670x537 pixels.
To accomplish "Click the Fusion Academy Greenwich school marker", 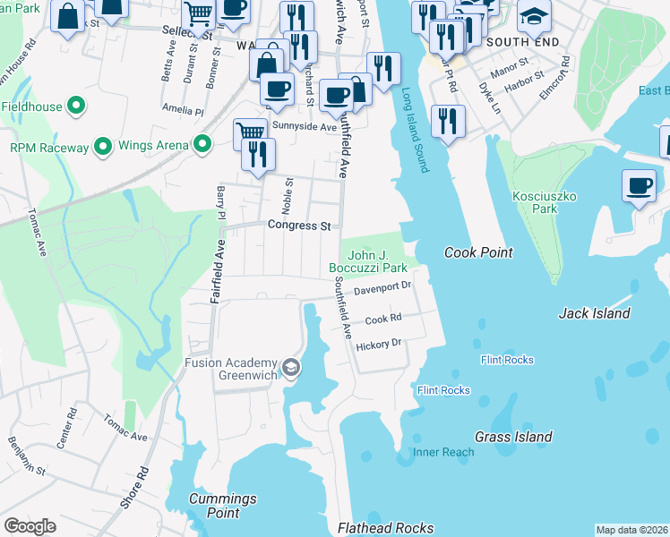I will coord(291,368).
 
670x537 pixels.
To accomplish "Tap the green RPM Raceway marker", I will coord(103,146).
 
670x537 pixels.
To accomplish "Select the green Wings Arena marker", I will coord(203,144).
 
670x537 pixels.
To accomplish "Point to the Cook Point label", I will coord(478,253).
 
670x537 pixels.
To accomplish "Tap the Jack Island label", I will coord(594,313).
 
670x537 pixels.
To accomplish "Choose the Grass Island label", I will coord(513,437).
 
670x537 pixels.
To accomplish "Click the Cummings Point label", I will coord(223,506).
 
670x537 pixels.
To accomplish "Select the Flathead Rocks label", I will coord(385,528).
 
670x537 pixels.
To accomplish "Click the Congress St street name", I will coord(299,226).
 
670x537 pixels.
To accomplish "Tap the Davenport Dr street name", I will coord(382,287).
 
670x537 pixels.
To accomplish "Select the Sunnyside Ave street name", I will coord(303,127).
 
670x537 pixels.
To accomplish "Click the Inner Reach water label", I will coord(443,452).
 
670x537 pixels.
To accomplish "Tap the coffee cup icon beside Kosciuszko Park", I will coord(639,185).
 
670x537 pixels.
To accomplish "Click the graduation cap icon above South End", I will coord(534,17).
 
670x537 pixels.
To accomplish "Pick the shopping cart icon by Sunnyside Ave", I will coord(250,132).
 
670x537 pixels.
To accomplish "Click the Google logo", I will coord(30,526).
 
